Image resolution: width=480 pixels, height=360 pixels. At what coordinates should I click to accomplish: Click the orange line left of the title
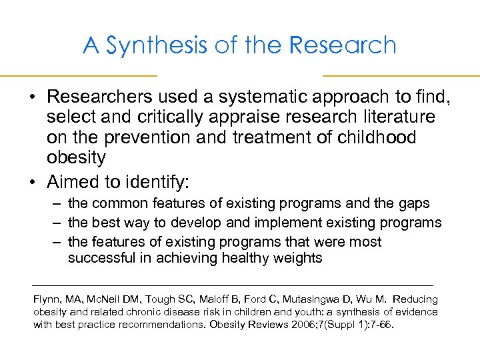pyautogui.click(x=78, y=75)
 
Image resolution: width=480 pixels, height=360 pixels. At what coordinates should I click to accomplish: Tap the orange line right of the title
pyautogui.click(x=401, y=75)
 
